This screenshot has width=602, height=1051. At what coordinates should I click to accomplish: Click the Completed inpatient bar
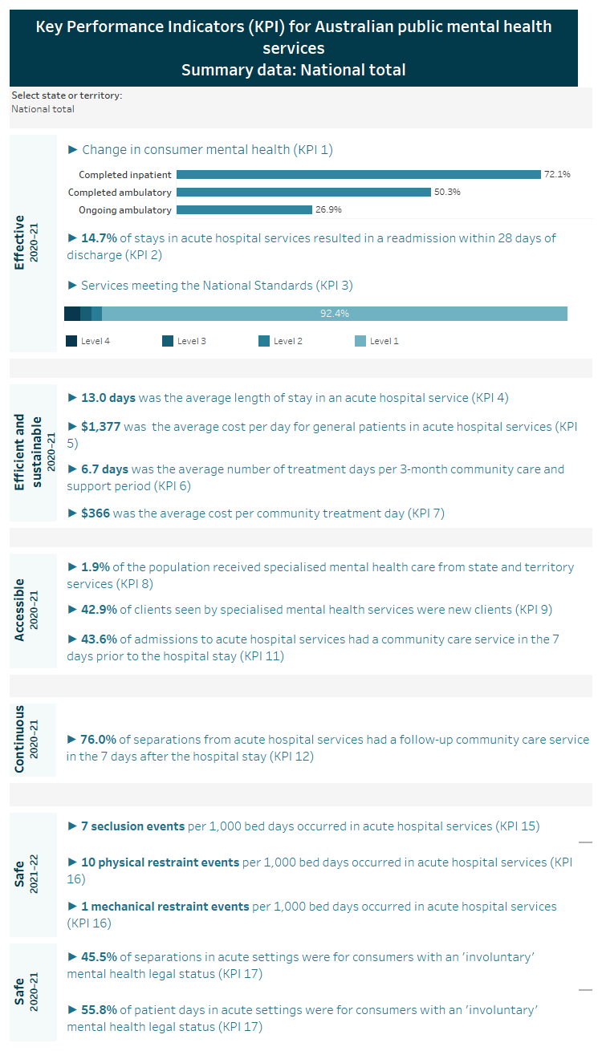pyautogui.click(x=358, y=174)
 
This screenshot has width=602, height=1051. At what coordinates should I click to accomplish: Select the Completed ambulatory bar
pyautogui.click(x=303, y=193)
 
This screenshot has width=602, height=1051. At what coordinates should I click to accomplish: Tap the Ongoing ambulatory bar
pyautogui.click(x=244, y=210)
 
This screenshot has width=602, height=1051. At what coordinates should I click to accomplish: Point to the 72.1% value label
pyautogui.click(x=557, y=174)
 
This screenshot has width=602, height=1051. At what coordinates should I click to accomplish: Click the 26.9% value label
pyautogui.click(x=328, y=210)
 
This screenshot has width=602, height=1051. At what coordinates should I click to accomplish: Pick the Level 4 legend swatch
pyautogui.click(x=72, y=341)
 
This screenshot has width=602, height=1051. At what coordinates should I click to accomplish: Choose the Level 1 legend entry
pyautogui.click(x=376, y=341)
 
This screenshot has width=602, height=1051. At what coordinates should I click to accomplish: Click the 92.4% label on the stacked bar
pyautogui.click(x=334, y=314)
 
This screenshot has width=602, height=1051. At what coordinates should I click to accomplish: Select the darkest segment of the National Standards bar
pyautogui.click(x=71, y=314)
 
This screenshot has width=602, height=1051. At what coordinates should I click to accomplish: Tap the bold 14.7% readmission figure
pyautogui.click(x=100, y=238)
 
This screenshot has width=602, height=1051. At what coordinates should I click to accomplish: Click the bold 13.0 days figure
pyautogui.click(x=108, y=397)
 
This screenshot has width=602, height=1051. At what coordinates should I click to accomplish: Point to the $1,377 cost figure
pyautogui.click(x=101, y=427)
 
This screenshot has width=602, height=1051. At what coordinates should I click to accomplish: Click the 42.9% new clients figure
pyautogui.click(x=100, y=610)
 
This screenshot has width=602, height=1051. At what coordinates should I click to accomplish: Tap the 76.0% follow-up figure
pyautogui.click(x=100, y=740)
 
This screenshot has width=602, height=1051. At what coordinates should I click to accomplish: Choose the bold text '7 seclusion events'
pyautogui.click(x=132, y=826)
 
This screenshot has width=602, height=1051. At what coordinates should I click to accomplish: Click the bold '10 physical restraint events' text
pyautogui.click(x=160, y=862)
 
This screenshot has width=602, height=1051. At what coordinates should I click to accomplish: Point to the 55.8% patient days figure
pyautogui.click(x=100, y=1010)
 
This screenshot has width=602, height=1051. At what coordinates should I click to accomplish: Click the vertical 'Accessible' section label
pyautogui.click(x=21, y=610)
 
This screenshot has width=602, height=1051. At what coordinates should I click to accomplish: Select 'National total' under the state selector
pyautogui.click(x=43, y=109)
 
